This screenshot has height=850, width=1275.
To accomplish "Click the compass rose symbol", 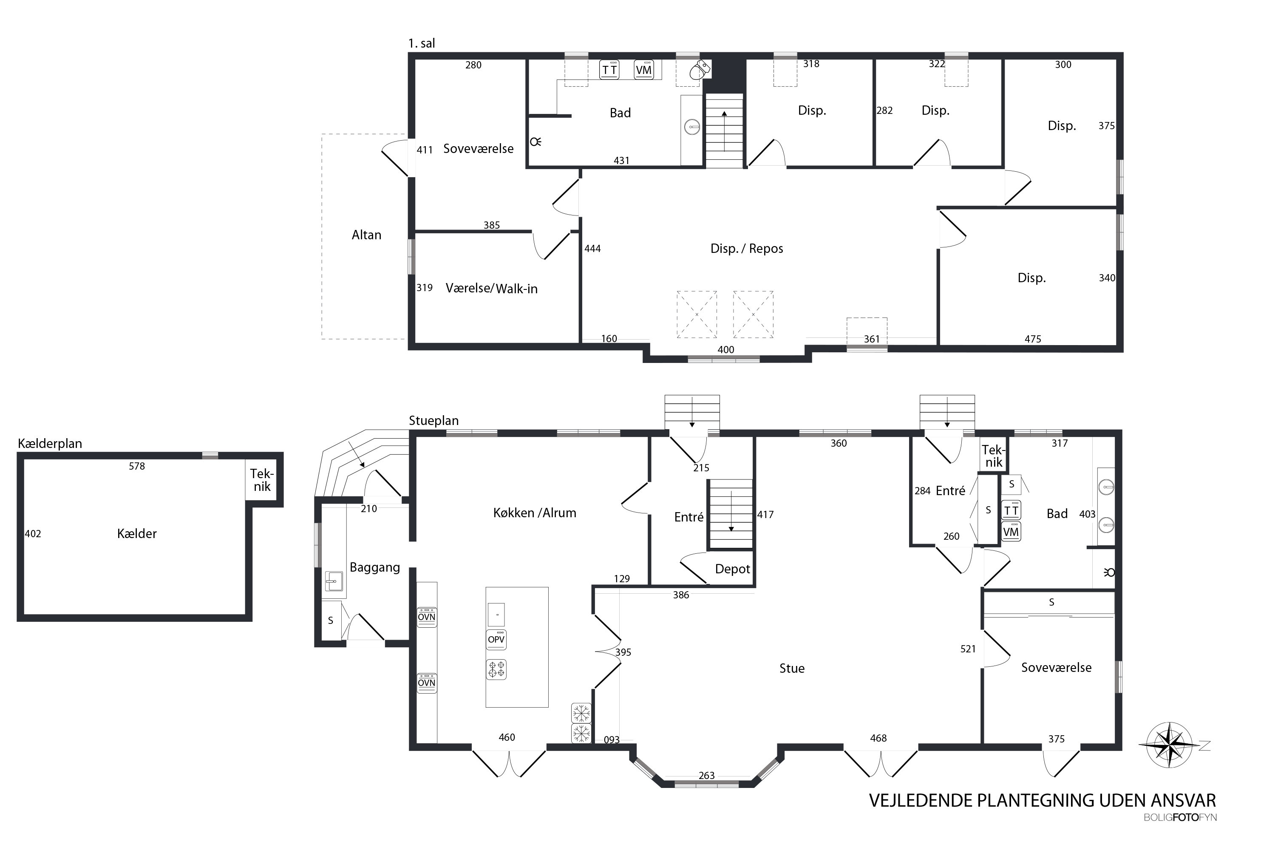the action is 1170,745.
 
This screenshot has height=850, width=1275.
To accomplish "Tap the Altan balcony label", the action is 366,235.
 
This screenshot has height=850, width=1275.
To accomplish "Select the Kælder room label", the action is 136,533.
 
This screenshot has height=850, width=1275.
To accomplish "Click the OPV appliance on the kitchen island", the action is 496,640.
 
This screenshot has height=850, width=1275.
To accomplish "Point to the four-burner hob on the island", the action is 496,669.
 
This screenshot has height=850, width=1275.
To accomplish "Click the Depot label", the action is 732,569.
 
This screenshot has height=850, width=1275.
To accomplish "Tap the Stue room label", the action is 792,669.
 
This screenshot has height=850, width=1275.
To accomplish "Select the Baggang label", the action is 374,567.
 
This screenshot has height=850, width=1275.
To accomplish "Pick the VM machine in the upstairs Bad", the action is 643,69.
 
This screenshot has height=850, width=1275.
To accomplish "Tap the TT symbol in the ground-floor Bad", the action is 1011,510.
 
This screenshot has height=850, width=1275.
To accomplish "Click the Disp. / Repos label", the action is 746,249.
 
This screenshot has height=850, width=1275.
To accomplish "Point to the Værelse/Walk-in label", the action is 492,289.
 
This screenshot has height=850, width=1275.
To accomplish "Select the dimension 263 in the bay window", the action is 706,776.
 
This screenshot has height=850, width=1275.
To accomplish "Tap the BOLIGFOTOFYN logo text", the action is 1180,817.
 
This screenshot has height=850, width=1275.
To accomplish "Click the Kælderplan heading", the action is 50,443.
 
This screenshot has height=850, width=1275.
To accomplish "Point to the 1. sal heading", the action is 422,43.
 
